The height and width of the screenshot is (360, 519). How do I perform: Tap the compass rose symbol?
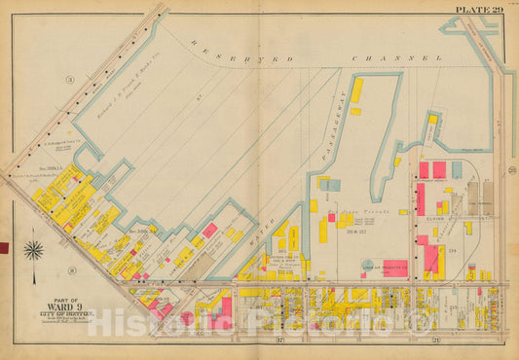[34, 250]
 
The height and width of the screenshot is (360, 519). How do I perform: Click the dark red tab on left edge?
[3, 248]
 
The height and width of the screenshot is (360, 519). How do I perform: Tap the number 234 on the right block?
[452, 249]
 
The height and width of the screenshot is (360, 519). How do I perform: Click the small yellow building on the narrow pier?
[432, 119]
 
